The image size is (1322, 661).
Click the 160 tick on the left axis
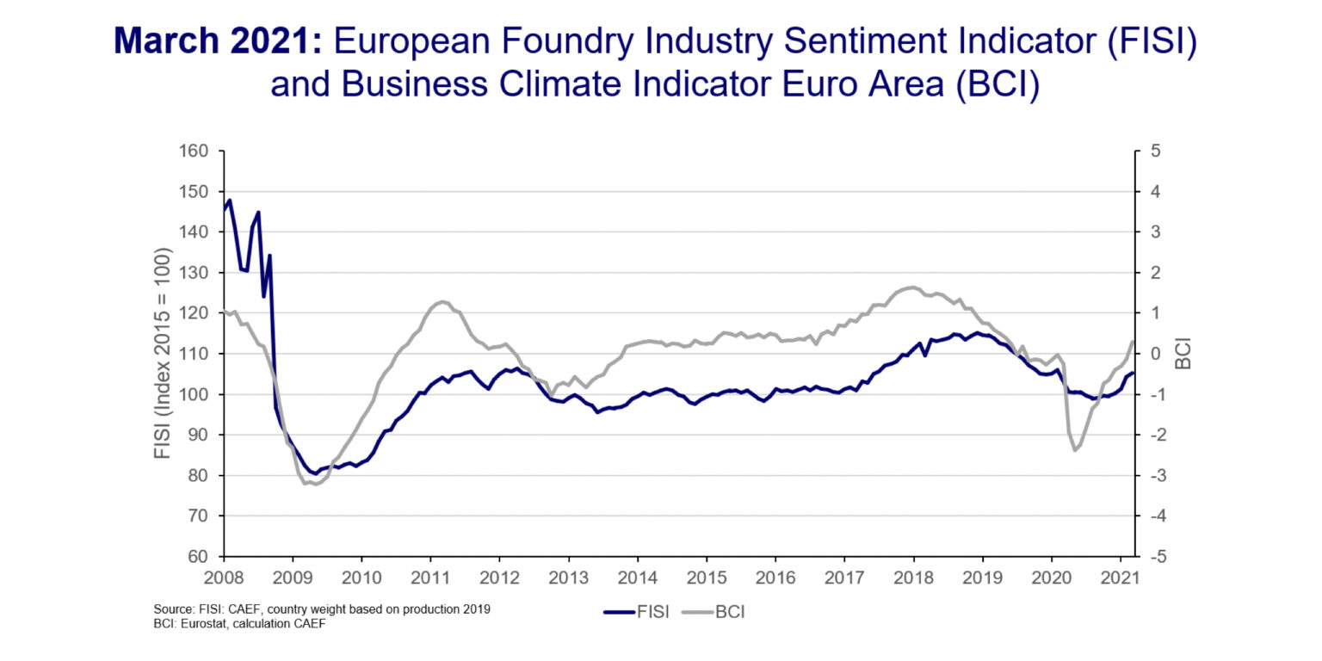click(195, 151)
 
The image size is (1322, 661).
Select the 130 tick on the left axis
click(195, 273)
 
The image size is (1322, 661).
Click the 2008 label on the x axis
click(224, 577)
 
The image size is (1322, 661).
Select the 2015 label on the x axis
click(707, 577)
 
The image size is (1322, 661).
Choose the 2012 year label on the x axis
click(500, 577)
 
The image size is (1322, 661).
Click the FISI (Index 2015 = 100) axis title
click(164, 354)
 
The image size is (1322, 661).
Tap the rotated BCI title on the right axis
click(1184, 354)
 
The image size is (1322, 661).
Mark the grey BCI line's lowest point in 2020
click(1075, 450)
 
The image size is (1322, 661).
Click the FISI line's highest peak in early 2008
click(230, 201)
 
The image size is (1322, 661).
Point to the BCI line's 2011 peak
click(442, 301)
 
